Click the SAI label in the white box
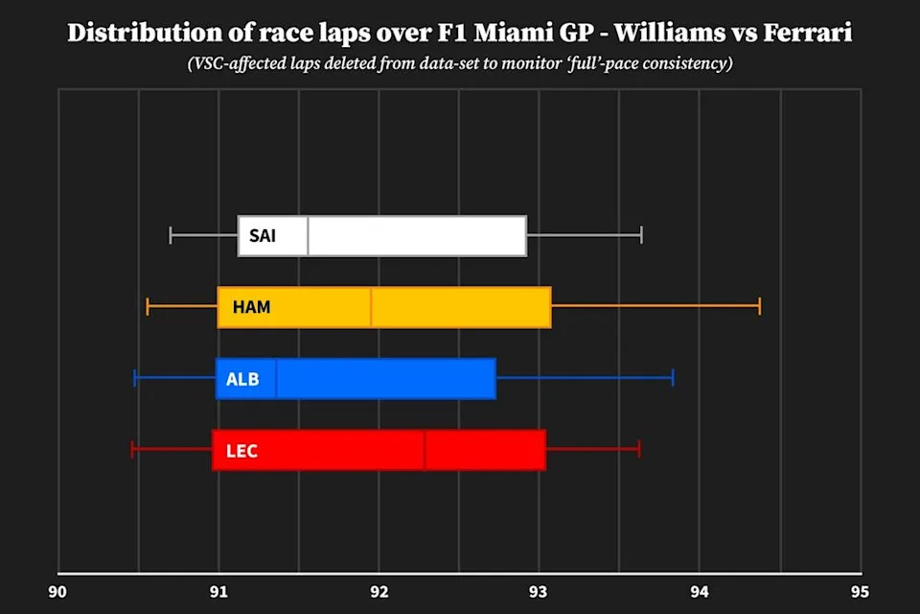(x=262, y=236)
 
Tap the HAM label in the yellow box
(x=251, y=308)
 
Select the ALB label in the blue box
(x=242, y=379)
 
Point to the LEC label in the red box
(x=241, y=450)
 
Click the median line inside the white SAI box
(x=308, y=236)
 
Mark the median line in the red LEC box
(x=425, y=450)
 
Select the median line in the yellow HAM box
(x=371, y=308)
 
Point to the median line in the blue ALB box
(x=276, y=379)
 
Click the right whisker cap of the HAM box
(x=760, y=307)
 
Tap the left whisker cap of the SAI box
(x=171, y=236)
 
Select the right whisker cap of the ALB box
(x=673, y=378)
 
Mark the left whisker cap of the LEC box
(x=132, y=449)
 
